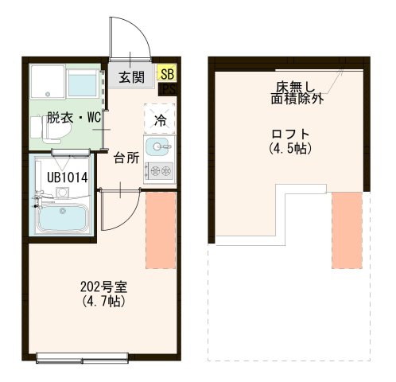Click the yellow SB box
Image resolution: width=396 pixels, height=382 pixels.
tap(167, 74)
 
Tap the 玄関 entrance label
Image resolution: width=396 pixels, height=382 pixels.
tap(132, 77)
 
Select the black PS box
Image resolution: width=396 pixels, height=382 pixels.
tap(168, 89)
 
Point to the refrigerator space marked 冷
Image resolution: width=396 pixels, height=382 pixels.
tap(160, 120)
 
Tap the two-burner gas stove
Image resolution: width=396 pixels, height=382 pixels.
tap(160, 170)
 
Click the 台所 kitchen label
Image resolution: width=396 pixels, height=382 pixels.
tap(126, 157)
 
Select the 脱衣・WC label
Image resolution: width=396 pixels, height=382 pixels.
tap(73, 117)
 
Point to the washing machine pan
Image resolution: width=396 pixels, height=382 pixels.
tap(46, 82)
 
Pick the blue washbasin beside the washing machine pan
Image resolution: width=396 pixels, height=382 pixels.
tap(83, 83)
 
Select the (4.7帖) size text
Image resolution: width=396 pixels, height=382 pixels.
tap(104, 302)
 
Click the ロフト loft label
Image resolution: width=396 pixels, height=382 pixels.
tap(289, 134)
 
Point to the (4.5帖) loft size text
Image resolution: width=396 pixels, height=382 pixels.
tap(289, 148)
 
